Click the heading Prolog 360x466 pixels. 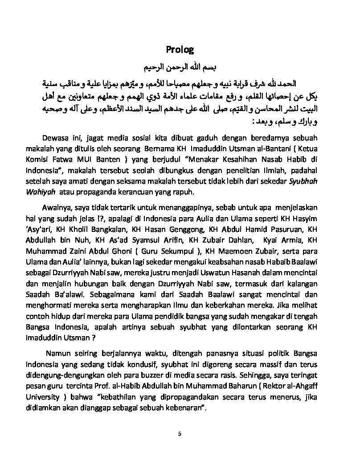coord(180,49)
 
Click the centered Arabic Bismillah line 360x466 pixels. coord(180,67)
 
